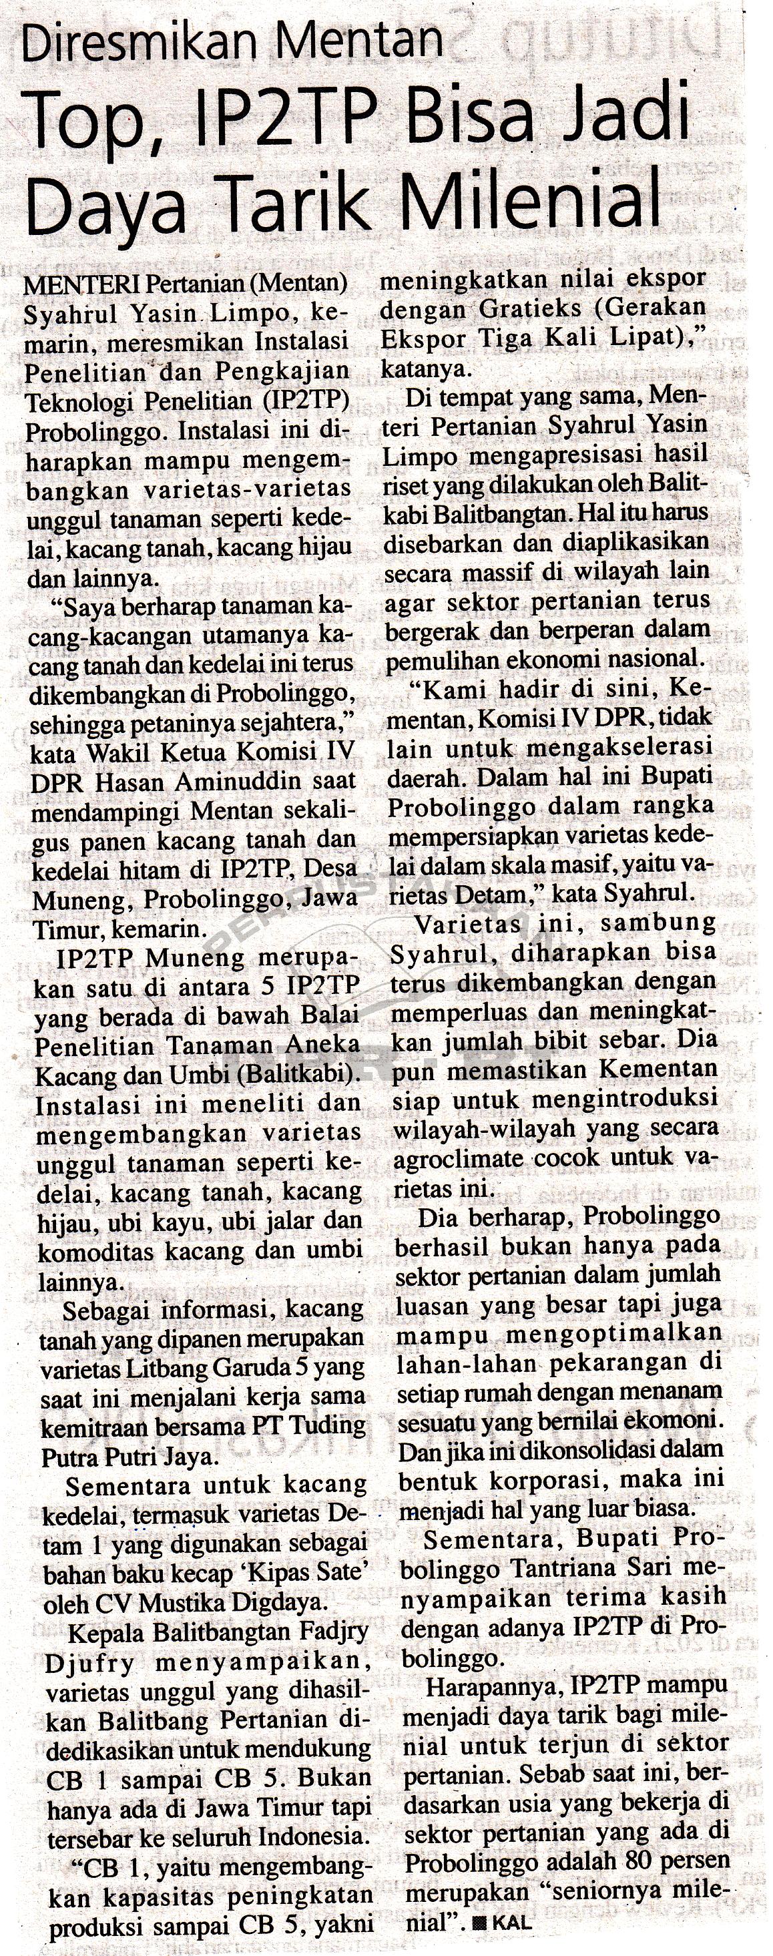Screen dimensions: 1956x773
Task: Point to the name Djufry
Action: [91, 1663]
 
